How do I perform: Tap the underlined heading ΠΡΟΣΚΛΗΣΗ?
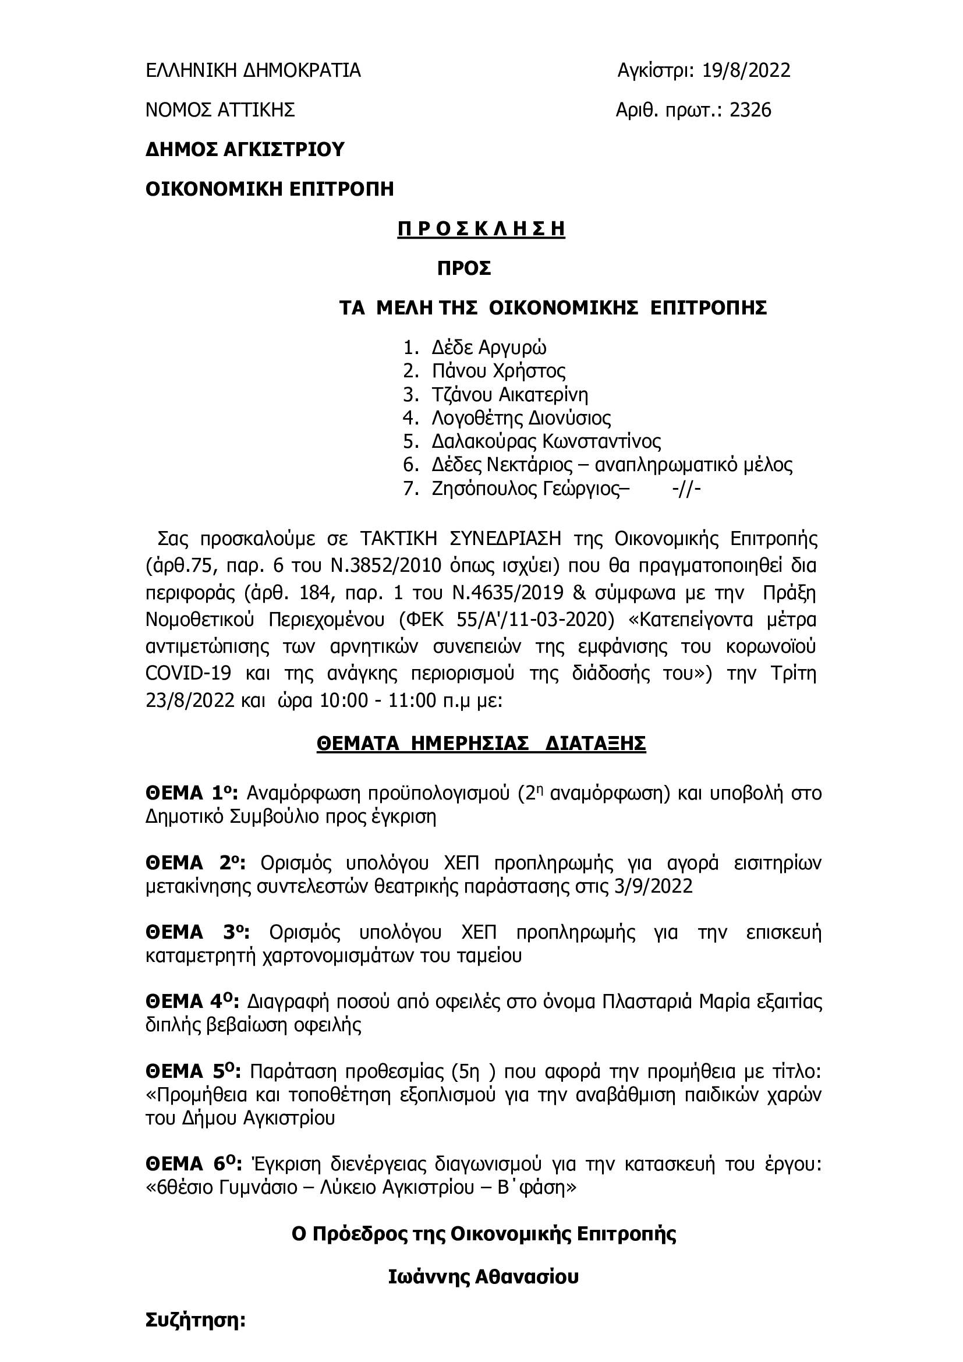click(481, 229)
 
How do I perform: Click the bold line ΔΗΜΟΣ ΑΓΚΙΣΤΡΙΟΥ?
click(245, 150)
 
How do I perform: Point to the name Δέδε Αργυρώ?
click(489, 347)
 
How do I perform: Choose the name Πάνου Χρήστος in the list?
click(499, 371)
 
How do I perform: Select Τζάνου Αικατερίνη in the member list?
click(510, 394)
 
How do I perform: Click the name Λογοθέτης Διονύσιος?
click(521, 418)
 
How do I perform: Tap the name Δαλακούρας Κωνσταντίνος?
click(546, 442)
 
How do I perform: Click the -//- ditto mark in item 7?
click(687, 490)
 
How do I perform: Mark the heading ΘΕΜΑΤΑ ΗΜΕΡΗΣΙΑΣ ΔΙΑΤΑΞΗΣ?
click(481, 743)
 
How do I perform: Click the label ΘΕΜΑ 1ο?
click(192, 793)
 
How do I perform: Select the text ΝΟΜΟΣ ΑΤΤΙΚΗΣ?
click(221, 110)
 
